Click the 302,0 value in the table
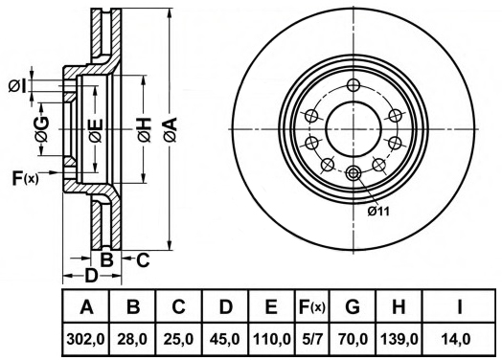click(86, 339)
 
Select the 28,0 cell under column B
click(133, 339)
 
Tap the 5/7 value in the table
click(311, 339)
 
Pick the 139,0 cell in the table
click(399, 339)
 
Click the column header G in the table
click(353, 307)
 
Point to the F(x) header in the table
click(311, 307)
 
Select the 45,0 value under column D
click(225, 339)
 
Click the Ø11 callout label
click(378, 212)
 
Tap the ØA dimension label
click(171, 129)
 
